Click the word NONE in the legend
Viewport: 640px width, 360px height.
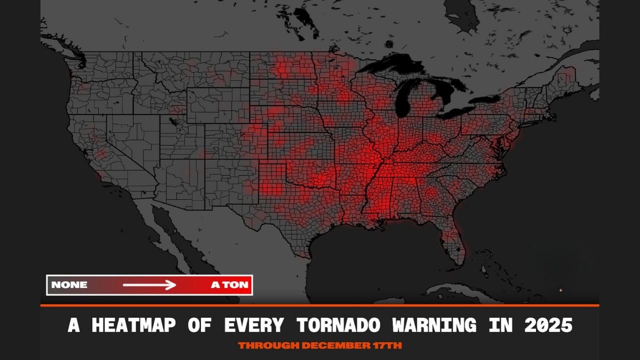click(x=69, y=285)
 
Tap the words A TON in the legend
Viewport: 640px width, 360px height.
click(x=229, y=285)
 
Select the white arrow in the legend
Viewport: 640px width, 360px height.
click(x=149, y=285)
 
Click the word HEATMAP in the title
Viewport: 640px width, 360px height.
click(x=133, y=325)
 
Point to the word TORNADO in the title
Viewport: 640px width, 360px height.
click(x=338, y=325)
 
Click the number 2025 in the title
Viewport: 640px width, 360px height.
click(x=548, y=325)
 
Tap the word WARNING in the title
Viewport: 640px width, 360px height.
click(x=434, y=325)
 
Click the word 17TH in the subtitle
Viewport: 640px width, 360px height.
click(x=386, y=345)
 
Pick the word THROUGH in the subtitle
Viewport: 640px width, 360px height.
click(x=268, y=345)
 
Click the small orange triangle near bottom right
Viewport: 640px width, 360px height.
click(x=560, y=289)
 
